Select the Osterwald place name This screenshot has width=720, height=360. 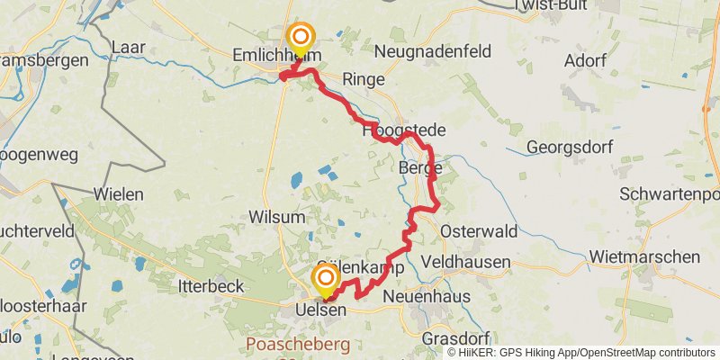tap(479, 231)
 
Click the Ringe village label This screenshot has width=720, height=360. tap(364, 80)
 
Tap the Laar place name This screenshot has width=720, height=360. tap(129, 46)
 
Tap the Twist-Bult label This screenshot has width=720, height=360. tap(551, 5)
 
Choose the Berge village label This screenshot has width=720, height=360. tap(419, 168)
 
